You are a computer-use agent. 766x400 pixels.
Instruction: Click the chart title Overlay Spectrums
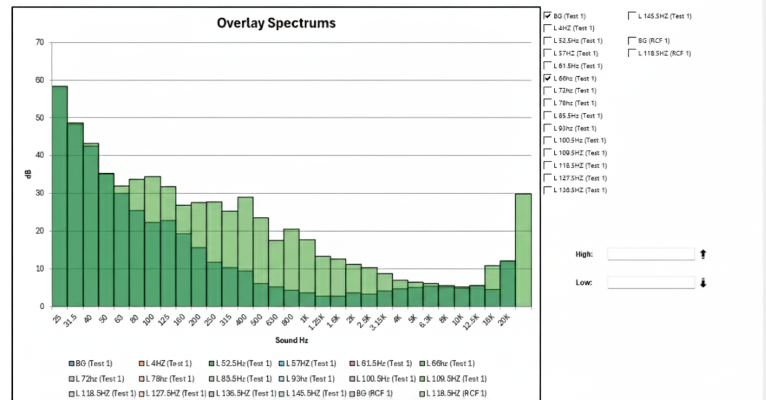click(276, 23)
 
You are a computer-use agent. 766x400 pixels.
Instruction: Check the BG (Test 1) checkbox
click(547, 16)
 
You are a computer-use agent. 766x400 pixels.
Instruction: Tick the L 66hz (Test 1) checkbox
click(547, 78)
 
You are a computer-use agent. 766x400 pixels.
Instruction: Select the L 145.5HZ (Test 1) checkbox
click(632, 16)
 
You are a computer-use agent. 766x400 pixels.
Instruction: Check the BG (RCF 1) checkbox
click(632, 41)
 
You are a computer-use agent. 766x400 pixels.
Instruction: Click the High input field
click(651, 254)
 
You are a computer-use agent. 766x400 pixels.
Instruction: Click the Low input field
click(651, 283)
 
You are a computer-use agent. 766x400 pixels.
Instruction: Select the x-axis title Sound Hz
click(291, 341)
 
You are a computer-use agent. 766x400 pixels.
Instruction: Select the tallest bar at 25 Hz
click(59, 196)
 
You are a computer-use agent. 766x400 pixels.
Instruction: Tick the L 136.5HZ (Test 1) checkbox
click(547, 190)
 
